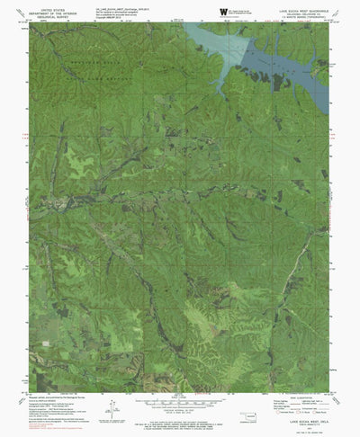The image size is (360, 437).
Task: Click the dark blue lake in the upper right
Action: click(x=288, y=65)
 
